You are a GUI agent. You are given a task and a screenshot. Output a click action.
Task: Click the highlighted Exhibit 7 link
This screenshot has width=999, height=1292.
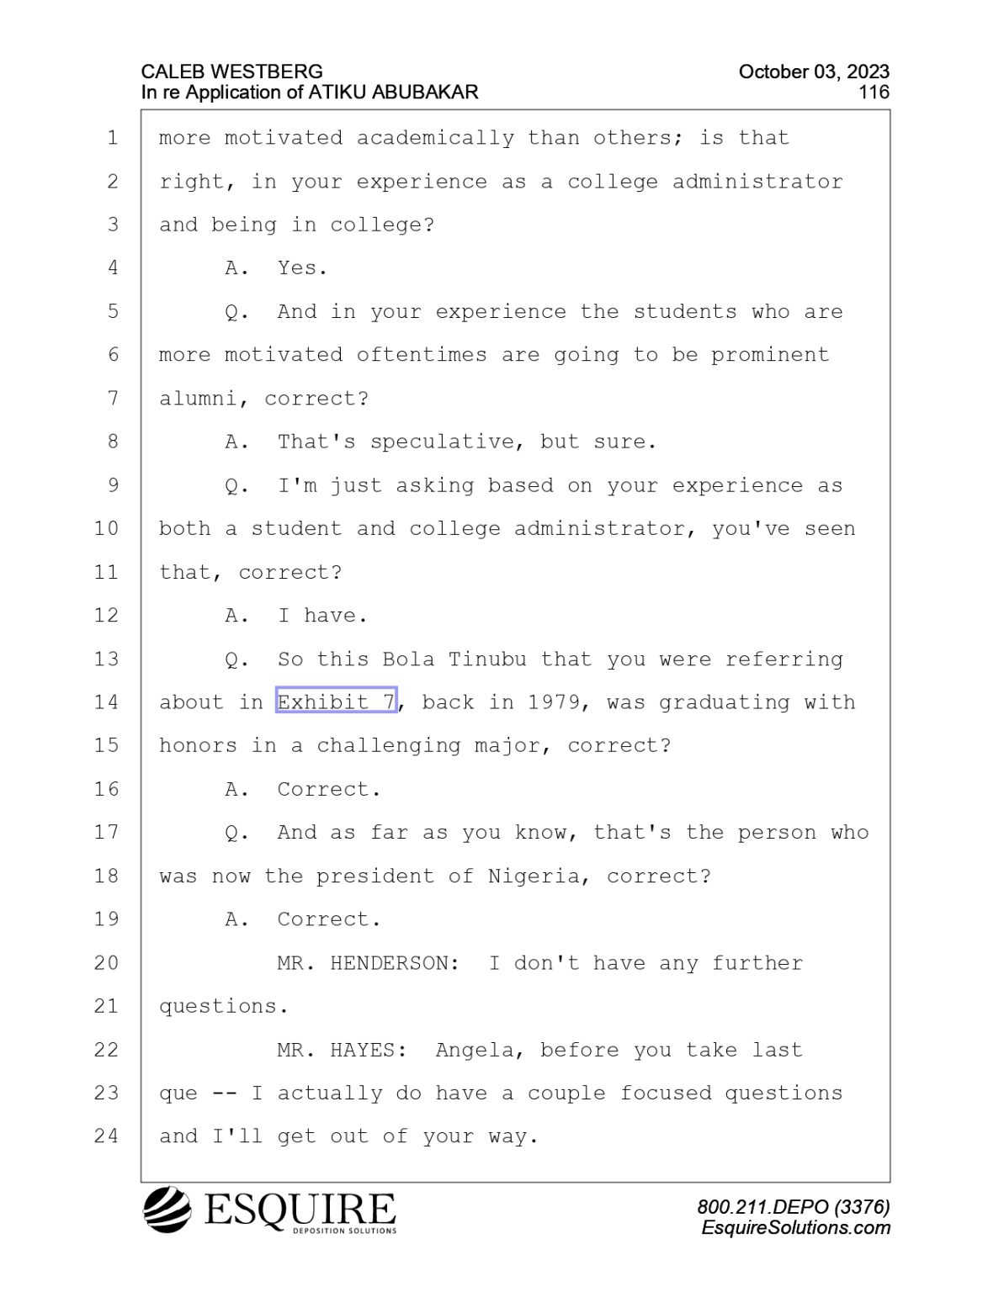336,702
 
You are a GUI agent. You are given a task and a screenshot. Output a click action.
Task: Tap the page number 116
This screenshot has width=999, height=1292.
874,93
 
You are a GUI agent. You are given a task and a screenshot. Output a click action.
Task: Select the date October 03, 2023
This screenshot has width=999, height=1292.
814,72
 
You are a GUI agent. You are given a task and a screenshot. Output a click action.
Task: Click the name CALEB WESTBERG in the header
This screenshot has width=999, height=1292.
232,72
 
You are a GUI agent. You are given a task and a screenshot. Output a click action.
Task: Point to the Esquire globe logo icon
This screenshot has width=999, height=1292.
167,1209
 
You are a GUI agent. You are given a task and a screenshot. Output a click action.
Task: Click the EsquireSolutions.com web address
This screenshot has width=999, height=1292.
795,1228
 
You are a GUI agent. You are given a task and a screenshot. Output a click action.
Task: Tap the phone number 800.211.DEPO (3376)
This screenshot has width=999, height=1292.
794,1207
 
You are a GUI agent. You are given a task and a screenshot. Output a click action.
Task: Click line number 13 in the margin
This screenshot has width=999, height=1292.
106,659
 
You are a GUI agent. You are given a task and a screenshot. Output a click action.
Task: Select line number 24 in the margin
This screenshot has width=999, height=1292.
106,1136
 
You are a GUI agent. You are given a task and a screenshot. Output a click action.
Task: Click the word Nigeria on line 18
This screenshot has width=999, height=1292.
534,876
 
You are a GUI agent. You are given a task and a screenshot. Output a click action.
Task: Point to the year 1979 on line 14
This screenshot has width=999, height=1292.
554,702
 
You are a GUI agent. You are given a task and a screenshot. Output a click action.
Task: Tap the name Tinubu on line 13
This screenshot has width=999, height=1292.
487,659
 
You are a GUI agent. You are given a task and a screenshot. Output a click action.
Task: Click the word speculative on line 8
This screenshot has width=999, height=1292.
441,442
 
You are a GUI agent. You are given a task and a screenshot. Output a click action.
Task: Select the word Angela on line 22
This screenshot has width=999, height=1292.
474,1051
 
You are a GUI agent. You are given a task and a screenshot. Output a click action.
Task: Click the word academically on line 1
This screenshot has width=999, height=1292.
435,139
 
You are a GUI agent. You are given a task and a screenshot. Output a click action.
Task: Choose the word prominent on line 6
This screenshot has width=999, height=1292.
770,356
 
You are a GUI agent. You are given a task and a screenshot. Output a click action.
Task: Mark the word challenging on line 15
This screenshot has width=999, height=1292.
388,746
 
